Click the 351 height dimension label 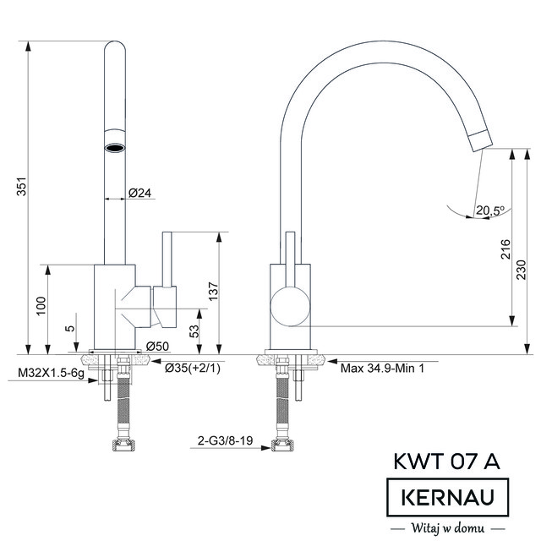point(21,187)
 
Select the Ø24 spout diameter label point(140,193)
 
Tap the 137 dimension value point(214,292)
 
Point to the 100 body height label point(41,306)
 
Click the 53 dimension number point(195,331)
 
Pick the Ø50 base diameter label point(157,346)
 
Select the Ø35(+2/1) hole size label point(193,369)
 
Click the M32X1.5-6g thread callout point(51,373)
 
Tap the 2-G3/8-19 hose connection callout point(226,440)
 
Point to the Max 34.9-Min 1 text point(382,369)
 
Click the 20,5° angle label point(490,210)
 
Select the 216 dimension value point(505,249)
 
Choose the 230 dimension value point(522,270)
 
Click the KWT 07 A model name point(447,461)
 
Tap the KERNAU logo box point(448,497)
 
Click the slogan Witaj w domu point(448,527)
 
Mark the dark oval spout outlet point(115,149)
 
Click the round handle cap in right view point(290,306)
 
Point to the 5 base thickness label point(70,327)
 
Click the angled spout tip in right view point(481,141)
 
